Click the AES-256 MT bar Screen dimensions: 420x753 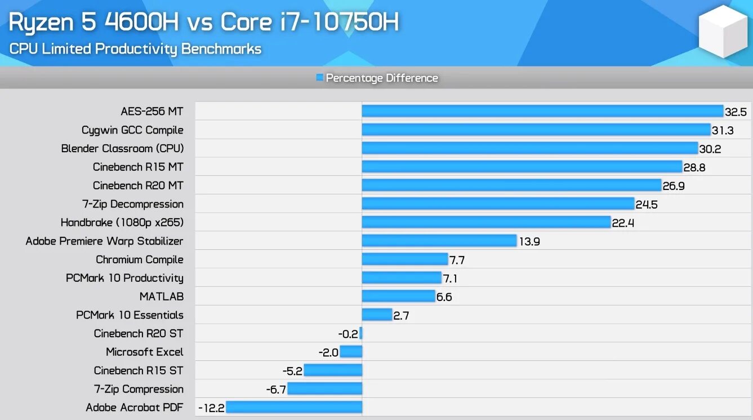[542, 111]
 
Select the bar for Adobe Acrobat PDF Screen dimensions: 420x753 [293, 407]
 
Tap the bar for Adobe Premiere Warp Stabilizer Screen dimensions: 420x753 [439, 241]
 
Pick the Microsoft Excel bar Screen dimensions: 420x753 [351, 352]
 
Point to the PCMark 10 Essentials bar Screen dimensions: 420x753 [377, 315]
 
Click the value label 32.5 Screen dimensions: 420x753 [736, 112]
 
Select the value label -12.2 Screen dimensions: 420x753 [212, 408]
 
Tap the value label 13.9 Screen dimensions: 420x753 [529, 241]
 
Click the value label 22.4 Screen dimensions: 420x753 [623, 223]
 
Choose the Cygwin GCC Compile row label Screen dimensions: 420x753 [132, 130]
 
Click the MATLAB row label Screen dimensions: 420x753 [162, 297]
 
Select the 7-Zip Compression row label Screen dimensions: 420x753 [139, 389]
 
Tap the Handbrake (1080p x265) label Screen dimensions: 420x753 [122, 223]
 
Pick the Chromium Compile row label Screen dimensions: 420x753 [139, 259]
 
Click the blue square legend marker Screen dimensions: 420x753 [320, 78]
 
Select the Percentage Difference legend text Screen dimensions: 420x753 [382, 78]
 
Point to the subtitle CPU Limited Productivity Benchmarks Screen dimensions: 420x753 [135, 48]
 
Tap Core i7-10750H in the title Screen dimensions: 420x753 [310, 22]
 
